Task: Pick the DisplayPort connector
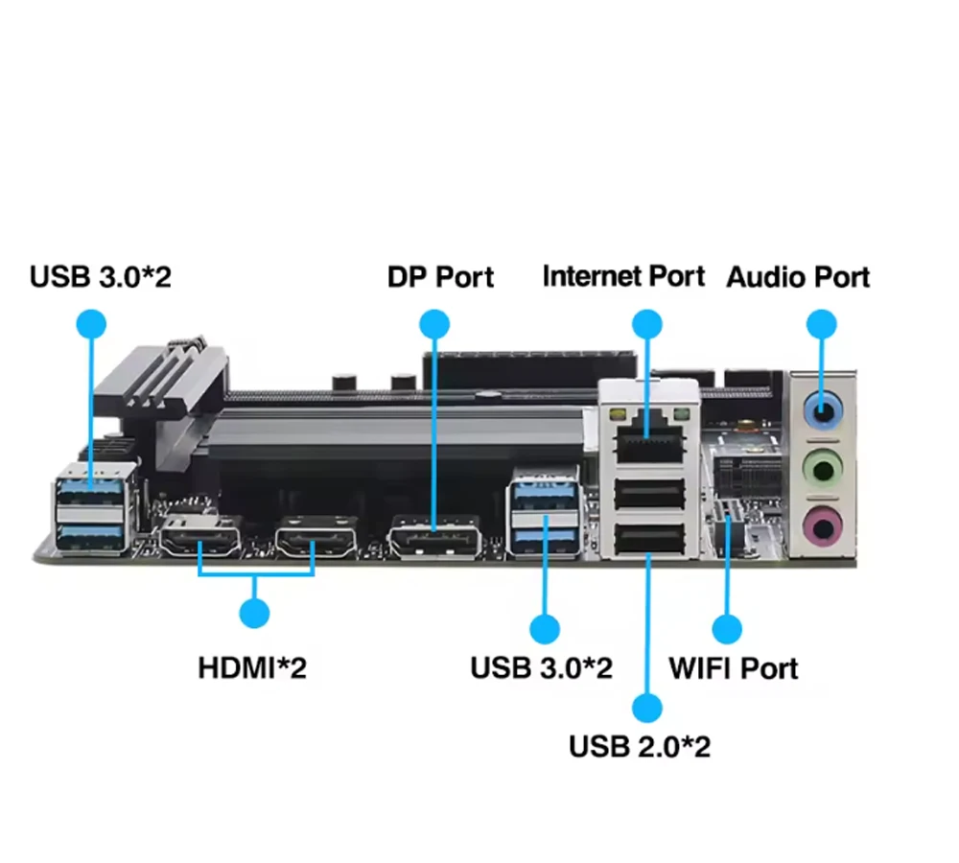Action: click(x=433, y=538)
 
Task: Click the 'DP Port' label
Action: click(x=440, y=277)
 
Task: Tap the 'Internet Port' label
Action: click(x=623, y=276)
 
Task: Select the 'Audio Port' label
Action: click(x=798, y=277)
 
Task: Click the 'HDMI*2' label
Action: click(x=252, y=667)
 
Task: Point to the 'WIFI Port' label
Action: click(x=734, y=667)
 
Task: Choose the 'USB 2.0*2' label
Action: click(x=640, y=746)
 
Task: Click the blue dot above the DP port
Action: click(x=434, y=324)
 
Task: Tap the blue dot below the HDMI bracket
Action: click(x=254, y=613)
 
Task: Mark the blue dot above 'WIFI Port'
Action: click(x=727, y=629)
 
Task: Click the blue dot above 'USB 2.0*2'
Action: click(x=647, y=708)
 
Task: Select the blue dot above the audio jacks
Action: click(x=821, y=324)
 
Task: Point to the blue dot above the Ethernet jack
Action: click(x=647, y=324)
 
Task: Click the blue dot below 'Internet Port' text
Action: click(x=647, y=324)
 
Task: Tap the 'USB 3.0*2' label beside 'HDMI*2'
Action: click(x=541, y=667)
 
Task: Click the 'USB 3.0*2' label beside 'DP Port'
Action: click(x=101, y=277)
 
